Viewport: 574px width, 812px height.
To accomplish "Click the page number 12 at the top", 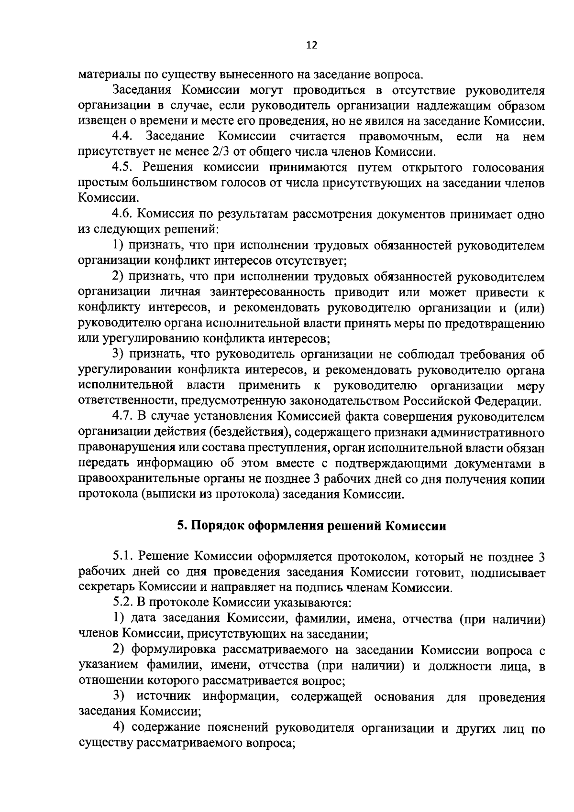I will click(x=311, y=45).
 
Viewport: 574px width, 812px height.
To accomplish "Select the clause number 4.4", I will click(x=122, y=137).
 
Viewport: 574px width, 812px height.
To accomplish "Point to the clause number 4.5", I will click(x=122, y=168).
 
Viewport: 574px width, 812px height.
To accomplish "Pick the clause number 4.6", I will click(x=122, y=215).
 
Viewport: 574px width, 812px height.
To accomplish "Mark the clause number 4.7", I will click(x=122, y=417).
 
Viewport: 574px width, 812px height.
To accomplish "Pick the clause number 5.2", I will click(x=122, y=604).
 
